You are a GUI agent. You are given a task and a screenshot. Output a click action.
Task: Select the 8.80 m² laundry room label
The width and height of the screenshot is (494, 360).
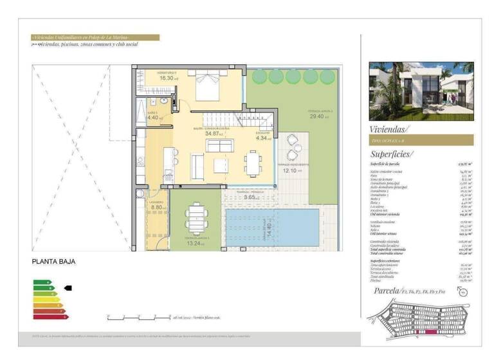coord(158,207)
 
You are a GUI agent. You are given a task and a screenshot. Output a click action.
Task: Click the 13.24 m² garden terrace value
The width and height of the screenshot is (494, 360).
coord(194,244)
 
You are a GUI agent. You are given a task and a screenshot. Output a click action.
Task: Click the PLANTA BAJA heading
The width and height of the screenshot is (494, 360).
coord(54,262)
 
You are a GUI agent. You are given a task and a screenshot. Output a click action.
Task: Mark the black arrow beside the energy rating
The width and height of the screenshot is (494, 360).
coord(68,288)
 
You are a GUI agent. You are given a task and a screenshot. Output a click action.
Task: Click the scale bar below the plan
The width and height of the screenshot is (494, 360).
coord(139,317)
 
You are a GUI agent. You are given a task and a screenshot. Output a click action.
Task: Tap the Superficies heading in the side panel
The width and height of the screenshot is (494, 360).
coord(392,154)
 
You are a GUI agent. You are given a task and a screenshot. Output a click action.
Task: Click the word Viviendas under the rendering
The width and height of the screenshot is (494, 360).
coord(389,129)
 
